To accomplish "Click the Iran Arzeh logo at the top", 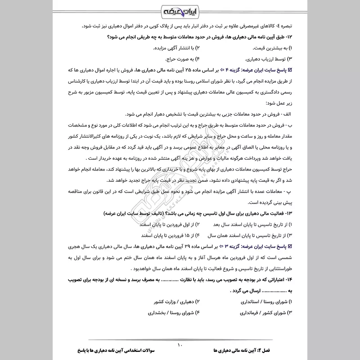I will click(x=180, y=10).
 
